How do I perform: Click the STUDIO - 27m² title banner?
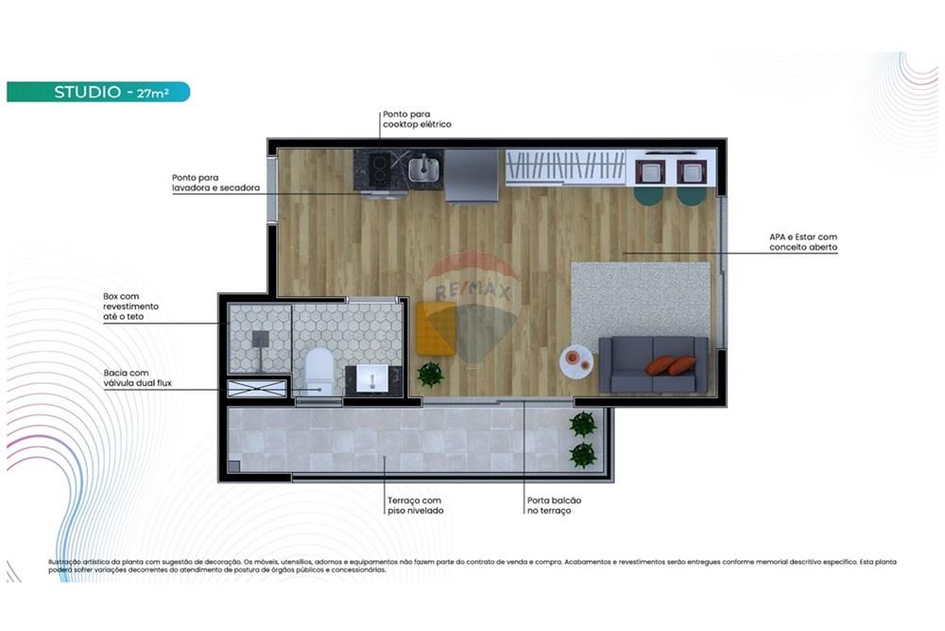pyautogui.click(x=98, y=92)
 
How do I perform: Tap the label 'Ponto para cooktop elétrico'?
pyautogui.click(x=417, y=119)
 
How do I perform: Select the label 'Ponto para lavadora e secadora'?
pyautogui.click(x=215, y=183)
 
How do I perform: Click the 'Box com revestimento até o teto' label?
pyautogui.click(x=131, y=307)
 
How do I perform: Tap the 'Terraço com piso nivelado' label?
pyautogui.click(x=415, y=506)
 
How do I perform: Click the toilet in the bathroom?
pyautogui.click(x=319, y=372)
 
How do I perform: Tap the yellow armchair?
pyautogui.click(x=436, y=327)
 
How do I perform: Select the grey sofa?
pyautogui.click(x=653, y=364)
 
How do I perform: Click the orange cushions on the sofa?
pyautogui.click(x=670, y=365)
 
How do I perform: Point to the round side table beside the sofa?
pyautogui.click(x=576, y=359)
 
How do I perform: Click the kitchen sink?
pyautogui.click(x=424, y=169)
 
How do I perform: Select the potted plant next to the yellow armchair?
pyautogui.click(x=430, y=375)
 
